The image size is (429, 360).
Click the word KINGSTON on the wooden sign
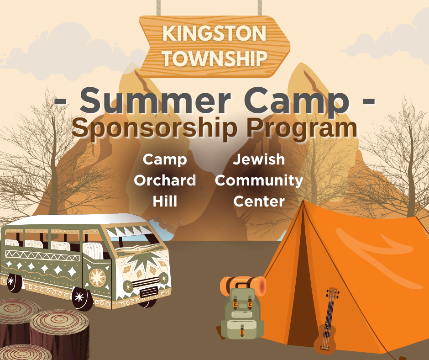click(214, 33)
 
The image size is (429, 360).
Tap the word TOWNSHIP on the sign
click(215, 58)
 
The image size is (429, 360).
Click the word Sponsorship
click(154, 128)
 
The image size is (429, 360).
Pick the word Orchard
click(165, 180)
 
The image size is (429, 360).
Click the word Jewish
click(259, 159)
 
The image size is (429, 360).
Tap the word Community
click(259, 181)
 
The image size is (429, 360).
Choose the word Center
click(259, 201)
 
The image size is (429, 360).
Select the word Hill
click(165, 201)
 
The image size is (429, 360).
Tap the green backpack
click(242, 312)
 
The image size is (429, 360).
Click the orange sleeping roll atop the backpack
click(243, 285)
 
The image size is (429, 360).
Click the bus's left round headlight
click(127, 286)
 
